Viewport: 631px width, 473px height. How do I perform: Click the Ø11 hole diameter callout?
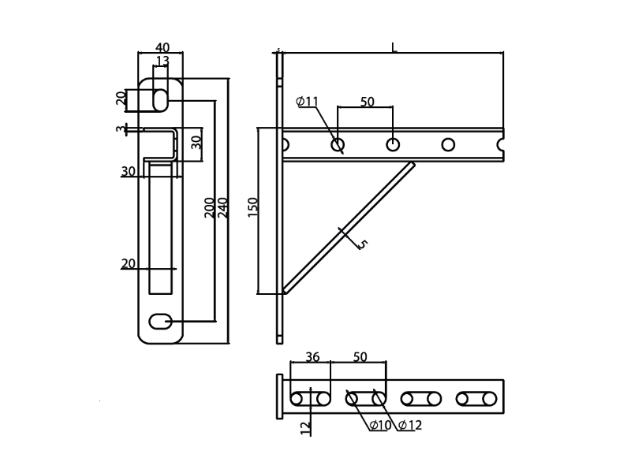point(307,101)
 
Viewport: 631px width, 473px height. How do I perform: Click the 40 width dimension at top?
point(162,48)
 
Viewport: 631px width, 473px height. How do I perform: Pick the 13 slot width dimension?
point(162,61)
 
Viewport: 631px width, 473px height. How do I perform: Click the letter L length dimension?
point(394,48)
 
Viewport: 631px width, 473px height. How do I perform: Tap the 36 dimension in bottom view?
point(312,357)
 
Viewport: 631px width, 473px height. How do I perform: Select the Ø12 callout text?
point(410,426)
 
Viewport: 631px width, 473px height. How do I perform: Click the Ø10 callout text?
point(380,426)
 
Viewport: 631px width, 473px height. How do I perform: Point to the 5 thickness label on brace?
point(362,244)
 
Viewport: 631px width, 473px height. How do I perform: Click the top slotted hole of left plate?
point(160,99)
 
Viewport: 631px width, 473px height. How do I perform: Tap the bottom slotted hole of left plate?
point(160,320)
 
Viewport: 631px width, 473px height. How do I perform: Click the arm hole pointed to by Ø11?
point(338,144)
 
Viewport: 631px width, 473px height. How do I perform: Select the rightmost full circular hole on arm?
point(448,144)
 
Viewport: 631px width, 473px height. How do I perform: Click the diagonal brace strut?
point(347,229)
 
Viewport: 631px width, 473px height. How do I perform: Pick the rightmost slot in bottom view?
point(476,399)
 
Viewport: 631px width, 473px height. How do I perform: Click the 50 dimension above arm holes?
point(368,102)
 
